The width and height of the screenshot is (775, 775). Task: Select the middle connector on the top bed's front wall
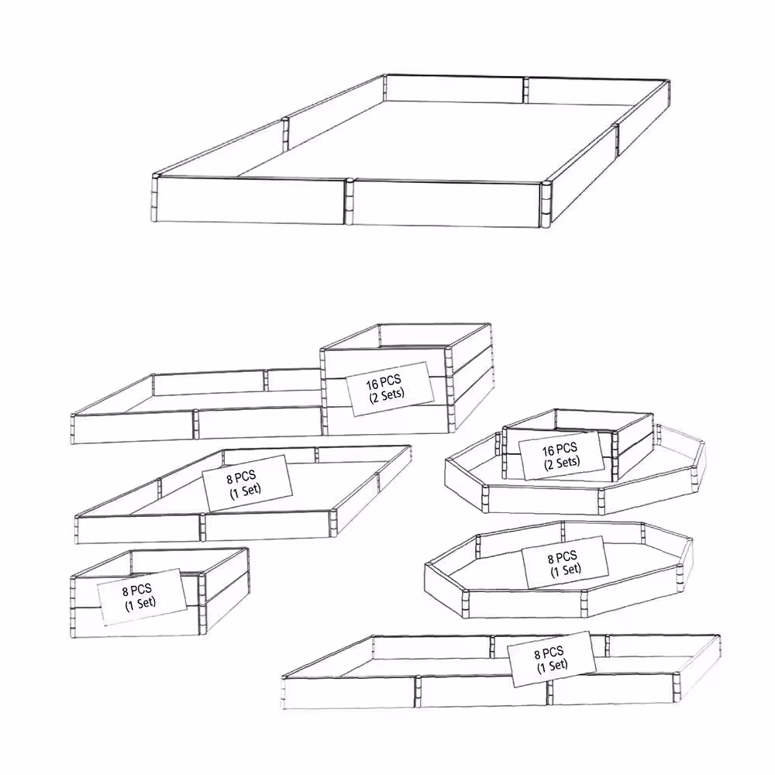click(x=350, y=201)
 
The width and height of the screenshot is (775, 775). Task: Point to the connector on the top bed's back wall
click(x=526, y=90)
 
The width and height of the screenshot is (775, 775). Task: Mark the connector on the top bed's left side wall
click(x=285, y=134)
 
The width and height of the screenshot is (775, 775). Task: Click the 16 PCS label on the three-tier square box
click(x=390, y=389)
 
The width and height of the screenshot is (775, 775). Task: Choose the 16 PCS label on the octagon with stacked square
click(x=561, y=456)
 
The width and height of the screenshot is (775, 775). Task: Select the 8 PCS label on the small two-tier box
click(x=142, y=597)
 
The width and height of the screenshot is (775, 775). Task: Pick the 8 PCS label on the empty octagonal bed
click(x=565, y=563)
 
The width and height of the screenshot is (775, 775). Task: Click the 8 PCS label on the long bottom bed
click(x=552, y=659)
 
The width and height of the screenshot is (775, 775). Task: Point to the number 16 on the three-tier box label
click(x=372, y=384)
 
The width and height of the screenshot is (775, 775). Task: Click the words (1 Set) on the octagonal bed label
click(x=567, y=570)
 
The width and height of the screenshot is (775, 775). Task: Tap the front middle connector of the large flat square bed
click(x=202, y=527)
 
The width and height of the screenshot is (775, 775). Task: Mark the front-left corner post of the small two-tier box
click(x=73, y=607)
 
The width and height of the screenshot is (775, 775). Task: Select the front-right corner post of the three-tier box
click(x=450, y=391)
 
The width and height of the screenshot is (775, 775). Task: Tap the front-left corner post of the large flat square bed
click(x=77, y=529)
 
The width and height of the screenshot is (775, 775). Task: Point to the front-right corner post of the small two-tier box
click(x=201, y=604)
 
